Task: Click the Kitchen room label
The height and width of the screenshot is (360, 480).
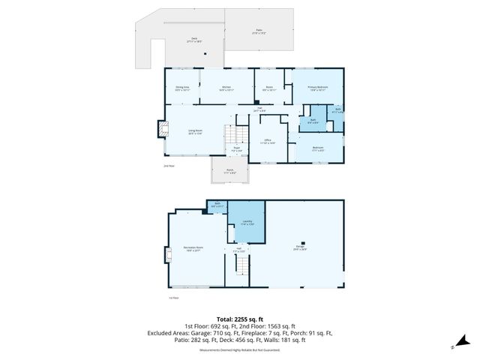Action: pos(226,88)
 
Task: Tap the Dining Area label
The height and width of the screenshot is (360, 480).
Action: pos(181,88)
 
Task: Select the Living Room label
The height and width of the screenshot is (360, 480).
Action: pos(195,132)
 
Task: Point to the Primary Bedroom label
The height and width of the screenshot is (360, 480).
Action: pos(318,88)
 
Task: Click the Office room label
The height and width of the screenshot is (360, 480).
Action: pos(268,141)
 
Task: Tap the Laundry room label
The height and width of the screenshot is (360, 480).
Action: pos(247,223)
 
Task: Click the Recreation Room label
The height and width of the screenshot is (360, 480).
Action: pos(194,248)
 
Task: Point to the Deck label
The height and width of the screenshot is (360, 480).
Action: pos(193,40)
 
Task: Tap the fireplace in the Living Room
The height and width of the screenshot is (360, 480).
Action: pos(161,130)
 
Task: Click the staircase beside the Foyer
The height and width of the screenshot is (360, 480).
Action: pos(235,136)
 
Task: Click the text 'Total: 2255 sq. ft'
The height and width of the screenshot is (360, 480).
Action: pos(239,319)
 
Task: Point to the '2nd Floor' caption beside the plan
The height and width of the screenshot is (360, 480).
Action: pos(169,165)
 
